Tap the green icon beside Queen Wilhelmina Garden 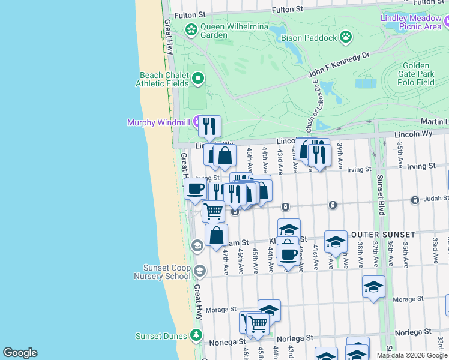191,29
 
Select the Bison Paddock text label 309,38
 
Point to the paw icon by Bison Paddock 346,38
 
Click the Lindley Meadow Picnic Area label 411,22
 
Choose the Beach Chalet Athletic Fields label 163,79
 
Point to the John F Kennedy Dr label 339,67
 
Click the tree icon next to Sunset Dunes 196,335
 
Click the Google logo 20,353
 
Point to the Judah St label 430,199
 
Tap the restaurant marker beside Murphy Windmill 209,126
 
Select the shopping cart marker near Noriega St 258,324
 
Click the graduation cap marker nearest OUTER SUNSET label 336,241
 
